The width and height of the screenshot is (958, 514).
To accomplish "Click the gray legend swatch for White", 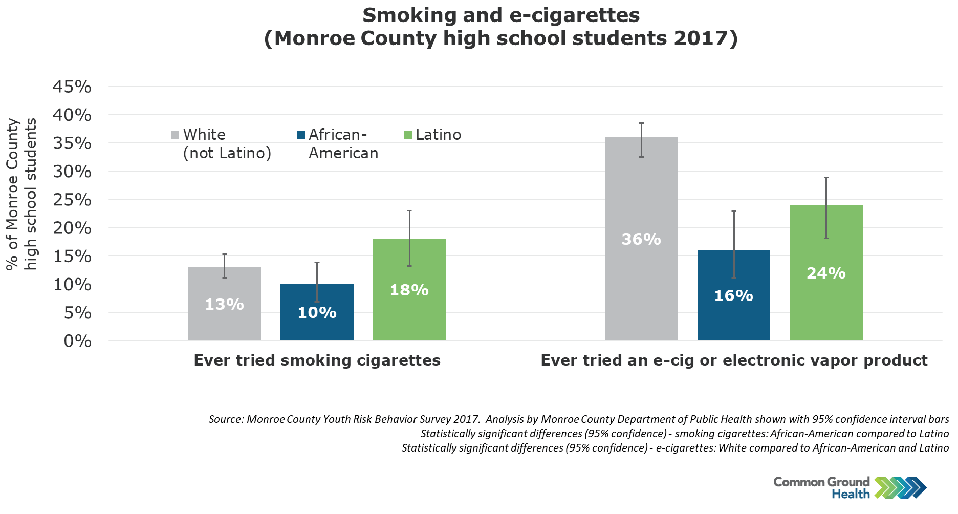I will click(175, 135).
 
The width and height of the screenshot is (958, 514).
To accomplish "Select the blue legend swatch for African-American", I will click(301, 135).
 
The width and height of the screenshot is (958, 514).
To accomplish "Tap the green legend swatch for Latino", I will click(408, 135).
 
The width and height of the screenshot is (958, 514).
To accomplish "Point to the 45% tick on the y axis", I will click(72, 87).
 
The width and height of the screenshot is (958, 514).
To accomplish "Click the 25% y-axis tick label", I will click(72, 200).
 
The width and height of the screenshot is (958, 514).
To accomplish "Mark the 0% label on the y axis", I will click(78, 341).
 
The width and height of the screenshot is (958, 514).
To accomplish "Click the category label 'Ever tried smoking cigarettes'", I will click(317, 360).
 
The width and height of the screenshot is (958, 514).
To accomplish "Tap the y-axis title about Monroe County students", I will click(21, 195).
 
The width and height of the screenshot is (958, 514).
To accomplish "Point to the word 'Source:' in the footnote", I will click(226, 419).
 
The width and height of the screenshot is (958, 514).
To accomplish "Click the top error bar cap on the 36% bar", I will click(641, 123).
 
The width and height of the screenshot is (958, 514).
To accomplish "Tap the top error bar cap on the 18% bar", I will click(409, 210).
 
